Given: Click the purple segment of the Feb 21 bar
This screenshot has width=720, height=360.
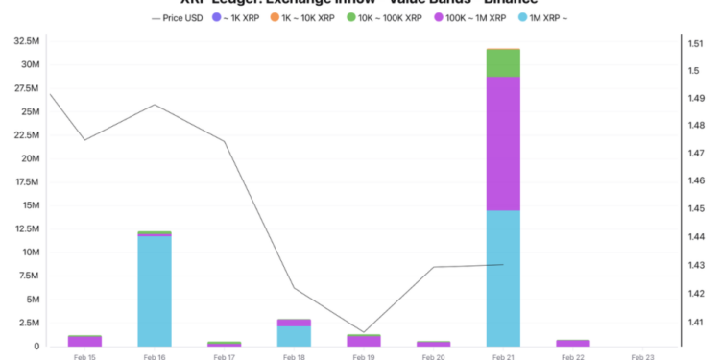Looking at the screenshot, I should (x=503, y=143).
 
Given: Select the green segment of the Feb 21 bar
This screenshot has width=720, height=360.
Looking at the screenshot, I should (x=503, y=62).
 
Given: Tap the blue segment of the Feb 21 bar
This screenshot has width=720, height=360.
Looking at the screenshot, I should (x=503, y=277).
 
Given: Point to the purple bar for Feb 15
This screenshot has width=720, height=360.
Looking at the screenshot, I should (x=84, y=341).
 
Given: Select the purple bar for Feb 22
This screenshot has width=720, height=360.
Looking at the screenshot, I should (x=573, y=343).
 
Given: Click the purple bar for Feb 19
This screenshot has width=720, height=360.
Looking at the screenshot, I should (x=364, y=341).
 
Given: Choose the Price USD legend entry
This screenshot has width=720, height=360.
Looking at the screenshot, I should (x=178, y=18).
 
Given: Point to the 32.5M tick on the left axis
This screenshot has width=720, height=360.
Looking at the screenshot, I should (x=23, y=42).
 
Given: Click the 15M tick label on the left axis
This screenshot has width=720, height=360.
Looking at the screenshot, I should (x=26, y=205).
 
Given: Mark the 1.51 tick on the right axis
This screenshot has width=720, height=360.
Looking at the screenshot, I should (x=694, y=43).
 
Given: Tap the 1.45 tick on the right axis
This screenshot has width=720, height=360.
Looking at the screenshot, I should (x=694, y=209).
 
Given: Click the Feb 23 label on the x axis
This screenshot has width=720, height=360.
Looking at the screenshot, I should (x=642, y=356).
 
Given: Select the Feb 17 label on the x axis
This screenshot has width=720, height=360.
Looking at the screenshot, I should (x=225, y=356).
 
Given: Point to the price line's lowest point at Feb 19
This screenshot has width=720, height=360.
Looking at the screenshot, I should (x=364, y=332).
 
